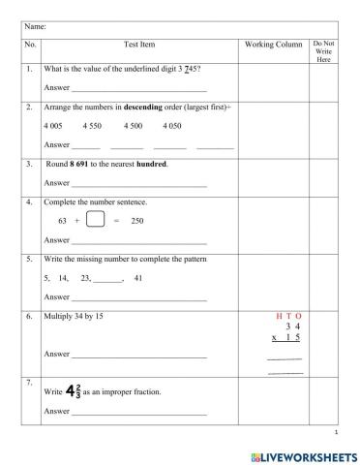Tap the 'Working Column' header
coord(271,45)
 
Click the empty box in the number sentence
coord(95,220)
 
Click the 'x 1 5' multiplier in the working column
coord(285,337)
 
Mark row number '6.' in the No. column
coord(30,316)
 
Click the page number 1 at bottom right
coord(334,432)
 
